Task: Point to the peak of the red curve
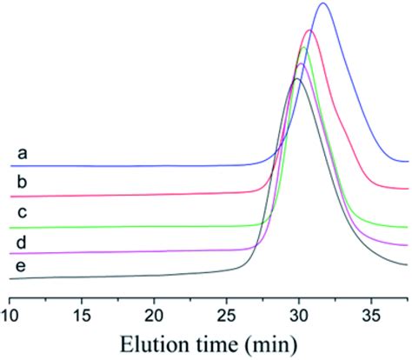click(309, 30)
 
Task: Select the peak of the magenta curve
click(301, 64)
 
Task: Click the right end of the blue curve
click(407, 161)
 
